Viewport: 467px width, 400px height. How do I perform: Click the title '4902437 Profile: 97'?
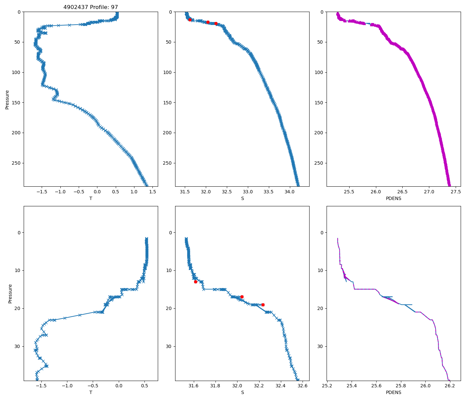91,7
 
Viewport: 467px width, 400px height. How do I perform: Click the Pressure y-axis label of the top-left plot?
7,99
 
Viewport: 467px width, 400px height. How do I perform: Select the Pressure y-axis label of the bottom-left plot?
10,294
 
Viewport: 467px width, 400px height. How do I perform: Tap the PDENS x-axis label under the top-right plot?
393,198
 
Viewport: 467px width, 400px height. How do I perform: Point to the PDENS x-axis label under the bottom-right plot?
393,392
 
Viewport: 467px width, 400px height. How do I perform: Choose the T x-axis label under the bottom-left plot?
91,392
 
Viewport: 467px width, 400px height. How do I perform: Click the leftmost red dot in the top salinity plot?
190,20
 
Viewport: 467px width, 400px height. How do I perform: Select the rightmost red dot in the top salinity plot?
216,23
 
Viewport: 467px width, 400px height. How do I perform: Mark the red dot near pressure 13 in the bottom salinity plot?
195,282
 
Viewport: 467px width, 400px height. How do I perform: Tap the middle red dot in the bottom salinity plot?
242,297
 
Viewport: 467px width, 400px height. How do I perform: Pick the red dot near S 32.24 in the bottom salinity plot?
263,305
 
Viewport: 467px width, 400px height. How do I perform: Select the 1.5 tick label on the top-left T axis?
152,192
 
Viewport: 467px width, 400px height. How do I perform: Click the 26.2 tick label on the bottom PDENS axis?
450,386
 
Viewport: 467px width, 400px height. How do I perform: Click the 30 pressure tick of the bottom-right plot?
321,346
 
